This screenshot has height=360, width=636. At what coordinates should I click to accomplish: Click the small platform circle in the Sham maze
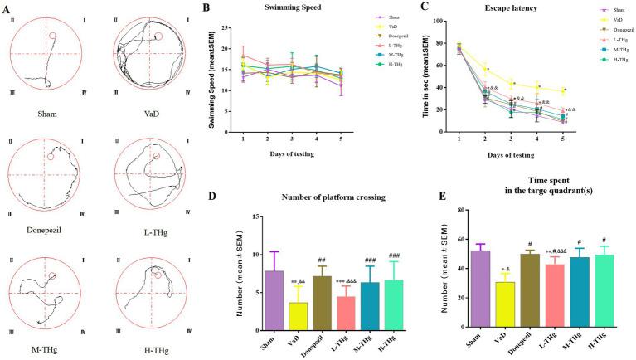(x=53, y=36)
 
